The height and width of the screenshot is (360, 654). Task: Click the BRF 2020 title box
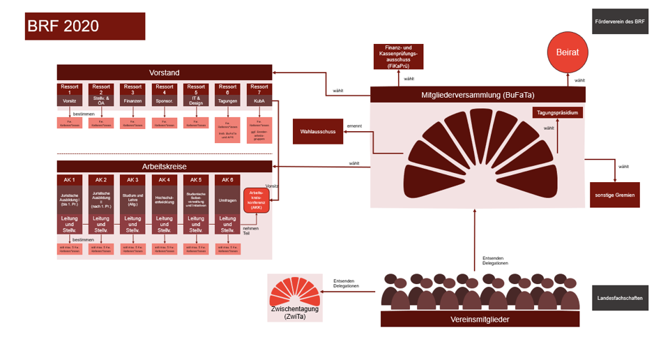pos(84,26)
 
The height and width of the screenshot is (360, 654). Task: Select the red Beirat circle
pos(567,52)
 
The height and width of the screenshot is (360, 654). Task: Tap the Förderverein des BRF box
pos(619,22)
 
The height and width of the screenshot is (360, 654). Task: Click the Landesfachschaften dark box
pos(619,297)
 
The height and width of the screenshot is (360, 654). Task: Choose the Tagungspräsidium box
pos(557,112)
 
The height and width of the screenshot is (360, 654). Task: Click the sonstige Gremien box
pos(614,195)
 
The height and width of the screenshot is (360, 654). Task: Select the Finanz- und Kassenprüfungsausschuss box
pos(398,57)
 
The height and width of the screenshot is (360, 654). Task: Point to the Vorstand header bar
pos(164,73)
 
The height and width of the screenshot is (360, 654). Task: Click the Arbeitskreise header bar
pos(164,167)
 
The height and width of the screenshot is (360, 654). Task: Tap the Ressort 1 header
pos(70,89)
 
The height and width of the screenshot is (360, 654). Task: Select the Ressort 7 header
pos(259,89)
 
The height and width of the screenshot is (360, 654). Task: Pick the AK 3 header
pos(132,180)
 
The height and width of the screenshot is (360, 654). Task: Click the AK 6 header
pos(227,180)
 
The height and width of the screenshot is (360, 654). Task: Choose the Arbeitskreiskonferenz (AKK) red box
pos(256,200)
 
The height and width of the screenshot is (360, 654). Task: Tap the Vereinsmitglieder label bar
pos(480,320)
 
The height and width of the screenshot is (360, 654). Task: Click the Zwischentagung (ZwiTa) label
pos(295,313)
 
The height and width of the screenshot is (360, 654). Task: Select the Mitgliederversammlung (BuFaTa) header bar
pos(477,95)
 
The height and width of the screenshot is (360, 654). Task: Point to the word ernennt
pos(354,126)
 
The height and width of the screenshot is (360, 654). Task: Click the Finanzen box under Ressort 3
pos(132,101)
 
